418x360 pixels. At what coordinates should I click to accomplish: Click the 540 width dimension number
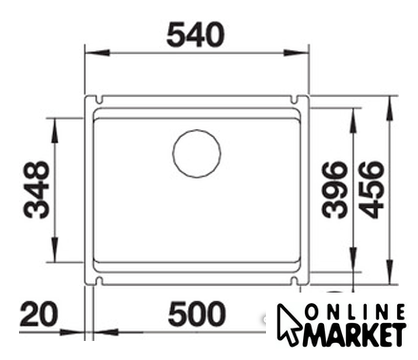[x=196, y=35]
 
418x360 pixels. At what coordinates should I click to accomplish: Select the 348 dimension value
[x=37, y=190]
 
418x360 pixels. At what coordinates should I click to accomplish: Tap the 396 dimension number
[x=334, y=190]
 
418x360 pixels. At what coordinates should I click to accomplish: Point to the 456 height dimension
[x=371, y=190]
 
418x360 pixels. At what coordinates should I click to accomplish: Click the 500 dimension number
[x=197, y=313]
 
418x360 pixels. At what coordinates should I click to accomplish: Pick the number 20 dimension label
[x=39, y=313]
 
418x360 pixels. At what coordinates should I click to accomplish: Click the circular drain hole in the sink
[x=197, y=154]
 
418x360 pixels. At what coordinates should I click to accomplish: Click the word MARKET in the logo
[x=354, y=335]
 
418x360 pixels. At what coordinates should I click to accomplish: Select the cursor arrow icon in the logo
[x=288, y=323]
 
